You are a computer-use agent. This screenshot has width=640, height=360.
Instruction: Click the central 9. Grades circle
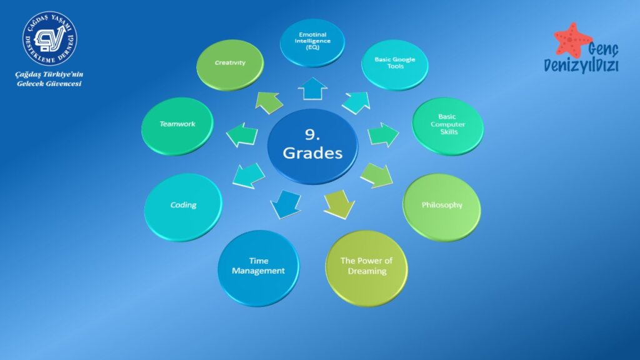312,146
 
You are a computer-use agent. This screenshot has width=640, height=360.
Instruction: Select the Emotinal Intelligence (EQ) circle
312,43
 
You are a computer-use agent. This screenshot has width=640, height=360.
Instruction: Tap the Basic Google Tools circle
395,64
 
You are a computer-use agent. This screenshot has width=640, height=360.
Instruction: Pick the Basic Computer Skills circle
447,126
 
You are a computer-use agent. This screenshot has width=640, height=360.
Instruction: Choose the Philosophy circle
442,207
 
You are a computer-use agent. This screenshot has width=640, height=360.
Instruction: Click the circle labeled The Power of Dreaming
366,268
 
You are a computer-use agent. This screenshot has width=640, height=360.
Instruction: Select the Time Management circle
258,268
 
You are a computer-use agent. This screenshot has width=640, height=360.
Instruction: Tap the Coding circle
183,207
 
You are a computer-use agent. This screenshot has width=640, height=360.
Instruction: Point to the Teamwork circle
177,126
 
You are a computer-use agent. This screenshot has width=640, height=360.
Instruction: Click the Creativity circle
230,64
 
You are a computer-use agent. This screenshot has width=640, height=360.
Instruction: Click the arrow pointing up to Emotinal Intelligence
312,89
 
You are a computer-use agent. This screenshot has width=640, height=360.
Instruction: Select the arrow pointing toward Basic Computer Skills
383,134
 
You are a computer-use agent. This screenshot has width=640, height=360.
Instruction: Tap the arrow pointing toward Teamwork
242,134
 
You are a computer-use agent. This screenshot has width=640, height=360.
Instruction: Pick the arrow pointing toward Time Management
286,204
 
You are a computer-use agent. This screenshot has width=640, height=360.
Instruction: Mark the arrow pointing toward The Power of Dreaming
339,204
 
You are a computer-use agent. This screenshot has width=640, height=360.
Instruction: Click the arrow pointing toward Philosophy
376,176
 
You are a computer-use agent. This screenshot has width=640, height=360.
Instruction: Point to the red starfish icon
572,40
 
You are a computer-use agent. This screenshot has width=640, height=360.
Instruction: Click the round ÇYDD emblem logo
50,38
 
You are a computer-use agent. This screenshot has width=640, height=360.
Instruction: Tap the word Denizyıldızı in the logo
581,65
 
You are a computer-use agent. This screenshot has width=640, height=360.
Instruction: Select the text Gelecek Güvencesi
49,84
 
